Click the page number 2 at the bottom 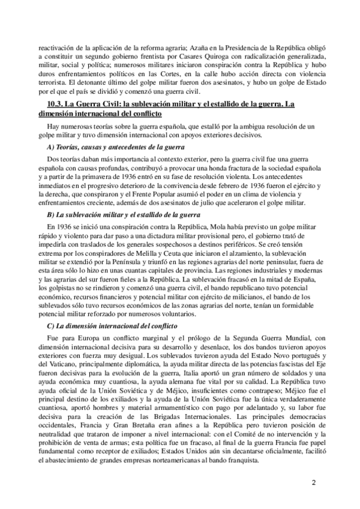pyautogui.click(x=313, y=482)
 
